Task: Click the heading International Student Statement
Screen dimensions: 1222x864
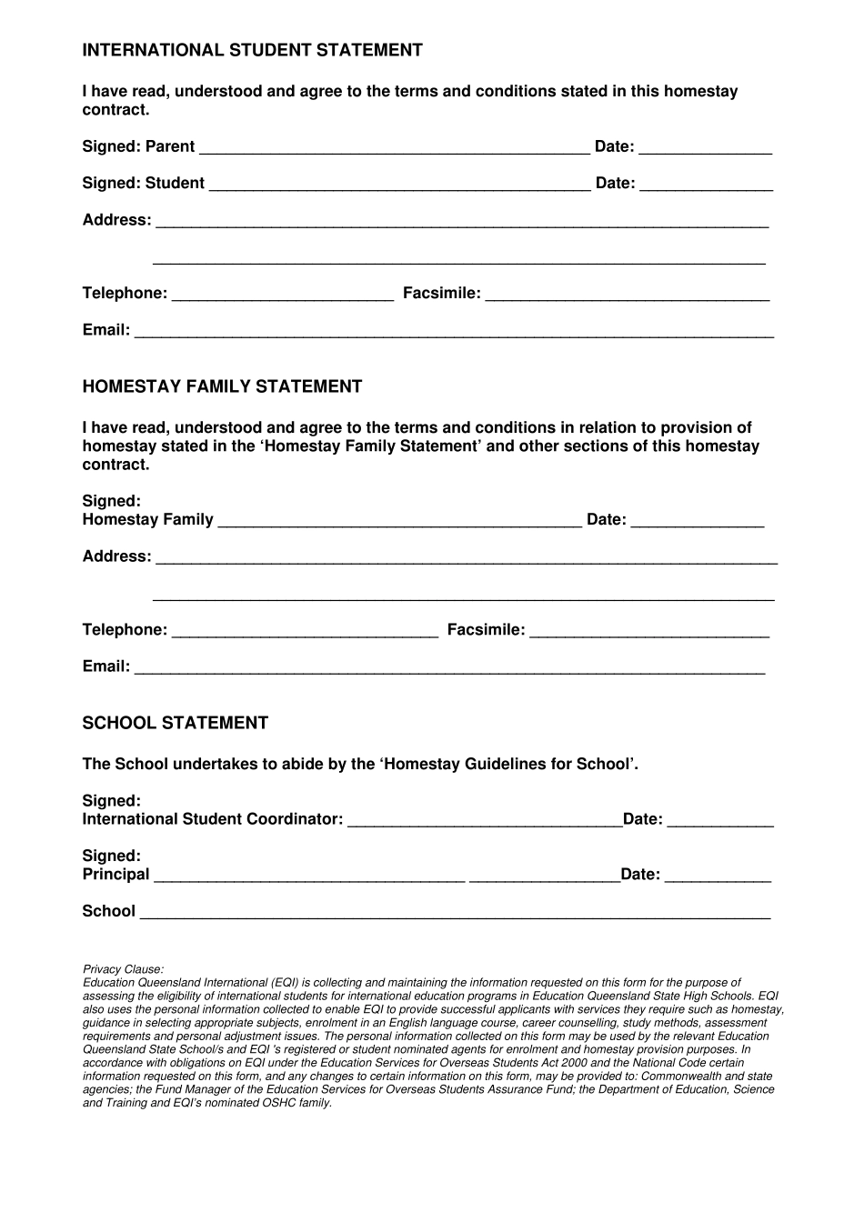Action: click(x=252, y=51)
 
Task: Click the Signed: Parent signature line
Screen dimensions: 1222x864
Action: click(x=394, y=147)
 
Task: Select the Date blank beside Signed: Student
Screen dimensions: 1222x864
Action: click(x=706, y=184)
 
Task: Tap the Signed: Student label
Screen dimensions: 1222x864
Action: click(x=143, y=184)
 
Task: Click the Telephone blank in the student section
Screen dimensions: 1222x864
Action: click(x=282, y=294)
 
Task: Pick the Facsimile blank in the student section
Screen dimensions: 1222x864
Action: click(x=627, y=294)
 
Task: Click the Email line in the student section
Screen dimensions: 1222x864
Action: click(x=454, y=331)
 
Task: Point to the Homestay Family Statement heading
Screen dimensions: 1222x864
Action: click(x=222, y=387)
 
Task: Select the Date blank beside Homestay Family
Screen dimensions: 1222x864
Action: click(x=697, y=520)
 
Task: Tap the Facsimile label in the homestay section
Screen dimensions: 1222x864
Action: click(x=486, y=630)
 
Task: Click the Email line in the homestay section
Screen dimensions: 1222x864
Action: click(x=449, y=667)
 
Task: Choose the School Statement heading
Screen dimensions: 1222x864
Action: click(x=175, y=724)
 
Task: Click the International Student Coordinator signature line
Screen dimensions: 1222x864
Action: click(x=484, y=820)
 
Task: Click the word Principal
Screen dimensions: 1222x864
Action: click(x=116, y=875)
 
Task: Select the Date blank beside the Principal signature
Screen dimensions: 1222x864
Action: click(x=718, y=875)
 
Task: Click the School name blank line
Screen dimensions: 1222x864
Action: click(x=454, y=912)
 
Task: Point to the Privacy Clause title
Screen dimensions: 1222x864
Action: click(x=123, y=970)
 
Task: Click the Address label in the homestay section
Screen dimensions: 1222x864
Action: click(x=116, y=556)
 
